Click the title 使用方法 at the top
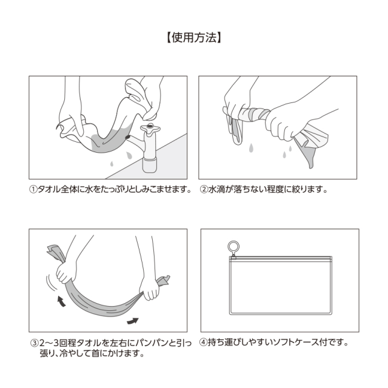194,38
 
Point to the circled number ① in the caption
33,189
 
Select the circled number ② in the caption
204,189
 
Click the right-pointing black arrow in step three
134,320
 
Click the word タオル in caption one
50,189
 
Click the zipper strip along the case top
279,259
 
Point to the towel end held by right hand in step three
162,281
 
